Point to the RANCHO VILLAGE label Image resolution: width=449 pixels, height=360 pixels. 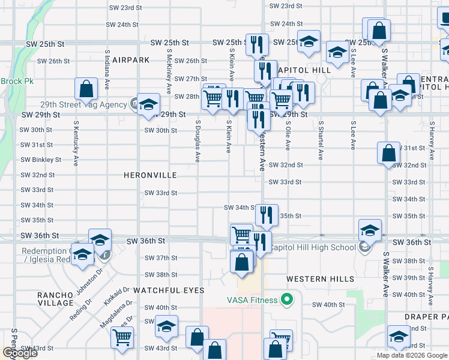pos(55,299)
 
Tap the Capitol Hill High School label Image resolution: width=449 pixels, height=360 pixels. pos(313,247)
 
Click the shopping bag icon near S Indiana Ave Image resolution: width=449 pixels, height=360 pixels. pos(86,89)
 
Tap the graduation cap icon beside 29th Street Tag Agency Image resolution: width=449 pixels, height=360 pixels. pos(148,104)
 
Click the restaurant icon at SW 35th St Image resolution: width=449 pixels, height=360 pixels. pos(267,215)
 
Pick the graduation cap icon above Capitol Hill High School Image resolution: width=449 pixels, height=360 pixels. pos(370,230)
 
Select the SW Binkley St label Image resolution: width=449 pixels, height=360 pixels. pos(41,160)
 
